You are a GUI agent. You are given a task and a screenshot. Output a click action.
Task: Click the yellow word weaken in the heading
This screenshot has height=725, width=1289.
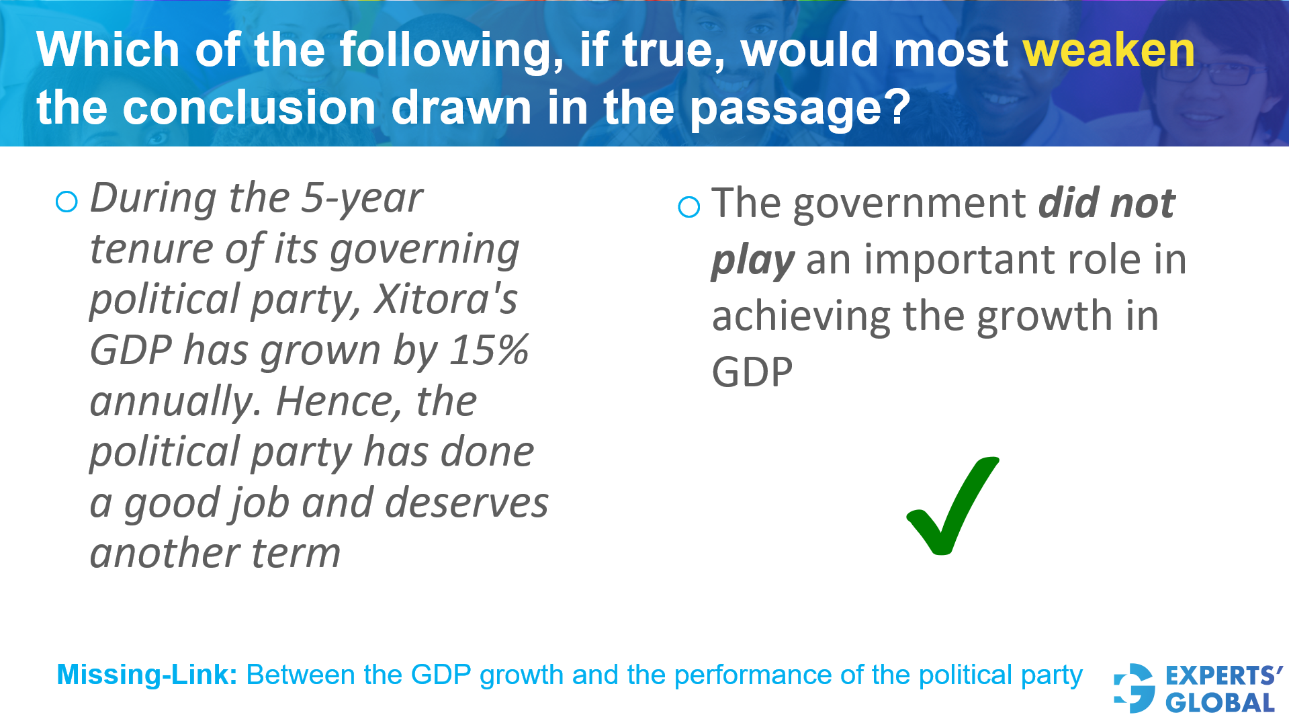pos(1108,50)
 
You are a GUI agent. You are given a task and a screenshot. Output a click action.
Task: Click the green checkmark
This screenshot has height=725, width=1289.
pos(952,505)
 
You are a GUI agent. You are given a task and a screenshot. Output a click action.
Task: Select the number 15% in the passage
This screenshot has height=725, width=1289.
pos(489,350)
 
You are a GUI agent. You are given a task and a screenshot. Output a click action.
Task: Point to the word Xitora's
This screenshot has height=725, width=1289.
pos(446,299)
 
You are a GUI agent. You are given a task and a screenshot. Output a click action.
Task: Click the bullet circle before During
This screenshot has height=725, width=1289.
pos(66,202)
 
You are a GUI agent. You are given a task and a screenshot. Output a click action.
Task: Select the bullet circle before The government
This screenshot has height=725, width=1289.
pos(688,207)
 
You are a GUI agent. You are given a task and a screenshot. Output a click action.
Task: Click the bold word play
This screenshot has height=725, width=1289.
pos(752,261)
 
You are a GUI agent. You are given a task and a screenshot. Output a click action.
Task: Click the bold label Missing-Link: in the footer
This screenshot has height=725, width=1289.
pos(147,675)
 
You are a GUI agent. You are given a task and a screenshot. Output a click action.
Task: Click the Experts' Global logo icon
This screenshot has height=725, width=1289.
pos(1134,688)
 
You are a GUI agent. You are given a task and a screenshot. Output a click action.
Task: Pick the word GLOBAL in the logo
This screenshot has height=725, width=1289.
pos(1220,703)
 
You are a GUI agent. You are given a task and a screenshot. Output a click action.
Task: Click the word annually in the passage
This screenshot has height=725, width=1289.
pos(173,401)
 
